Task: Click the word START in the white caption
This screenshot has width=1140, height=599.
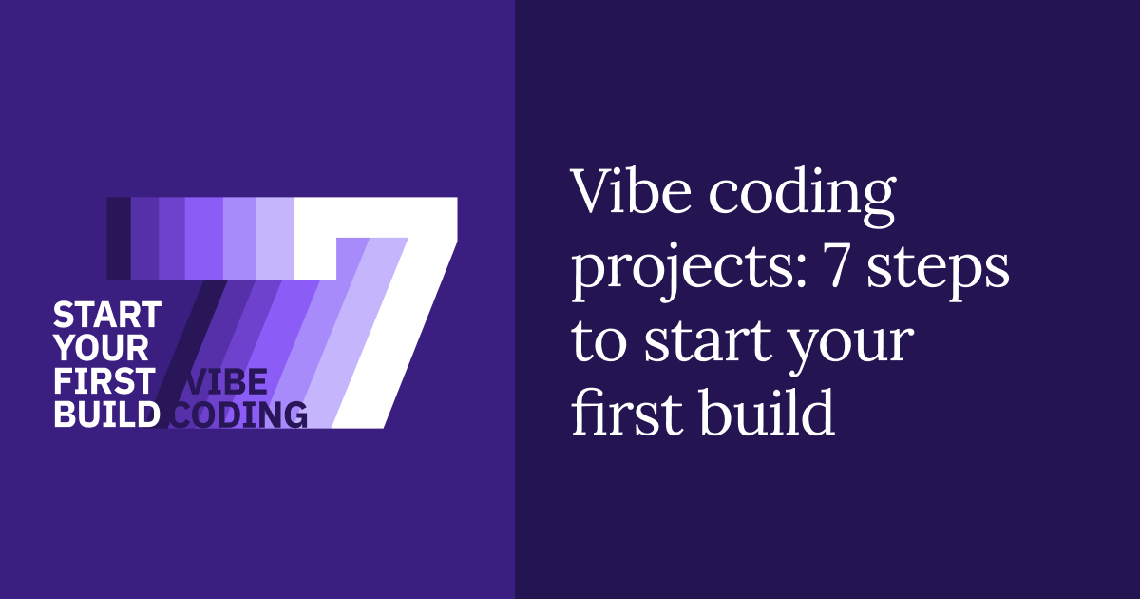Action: click(107, 315)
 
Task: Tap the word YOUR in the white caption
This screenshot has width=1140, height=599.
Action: click(102, 348)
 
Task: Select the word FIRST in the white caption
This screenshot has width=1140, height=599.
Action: click(104, 381)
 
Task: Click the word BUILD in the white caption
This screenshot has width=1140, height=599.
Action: click(106, 415)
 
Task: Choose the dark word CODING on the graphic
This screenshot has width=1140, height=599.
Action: click(238, 415)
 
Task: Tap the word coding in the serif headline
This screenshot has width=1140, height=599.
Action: click(802, 196)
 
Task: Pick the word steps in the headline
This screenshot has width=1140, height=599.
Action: click(938, 268)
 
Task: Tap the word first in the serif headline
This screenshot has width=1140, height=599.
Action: click(626, 412)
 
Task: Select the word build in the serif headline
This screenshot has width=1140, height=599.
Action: click(767, 412)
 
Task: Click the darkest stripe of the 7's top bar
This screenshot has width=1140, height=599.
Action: click(119, 239)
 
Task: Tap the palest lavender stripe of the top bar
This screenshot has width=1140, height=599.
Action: click(275, 239)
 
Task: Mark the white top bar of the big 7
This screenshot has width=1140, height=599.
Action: click(375, 218)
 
